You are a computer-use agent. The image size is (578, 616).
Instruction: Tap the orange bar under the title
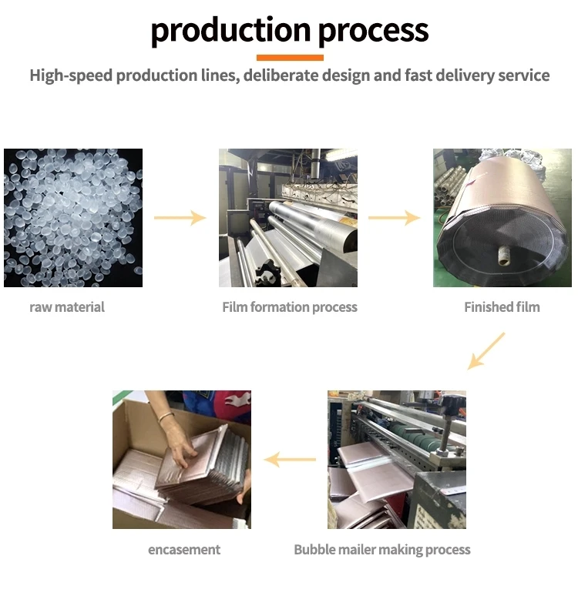pyautogui.click(x=290, y=57)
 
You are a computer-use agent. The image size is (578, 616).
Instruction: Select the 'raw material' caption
pyautogui.click(x=67, y=307)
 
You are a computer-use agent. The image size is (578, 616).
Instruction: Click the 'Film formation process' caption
pyautogui.click(x=290, y=307)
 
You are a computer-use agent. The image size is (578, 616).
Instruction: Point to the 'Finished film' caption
pyautogui.click(x=502, y=307)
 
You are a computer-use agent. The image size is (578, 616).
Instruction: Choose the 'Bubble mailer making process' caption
pyautogui.click(x=382, y=550)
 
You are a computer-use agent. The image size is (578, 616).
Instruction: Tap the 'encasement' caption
pyautogui.click(x=184, y=550)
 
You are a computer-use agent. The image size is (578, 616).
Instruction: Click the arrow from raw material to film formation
pyautogui.click(x=180, y=218)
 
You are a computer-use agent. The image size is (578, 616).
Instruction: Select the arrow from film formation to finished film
pyautogui.click(x=394, y=218)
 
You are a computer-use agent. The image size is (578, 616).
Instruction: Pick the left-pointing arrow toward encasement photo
pyautogui.click(x=290, y=460)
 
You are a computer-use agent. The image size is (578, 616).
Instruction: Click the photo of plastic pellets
pyautogui.click(x=73, y=218)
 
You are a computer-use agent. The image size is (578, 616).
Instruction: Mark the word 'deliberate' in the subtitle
pyautogui.click(x=281, y=75)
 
